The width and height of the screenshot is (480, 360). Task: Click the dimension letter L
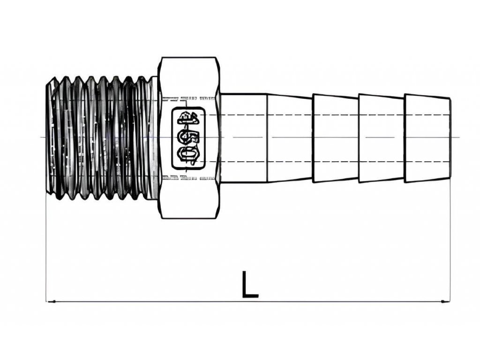click(x=249, y=285)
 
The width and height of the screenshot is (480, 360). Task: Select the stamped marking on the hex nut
click(x=188, y=138)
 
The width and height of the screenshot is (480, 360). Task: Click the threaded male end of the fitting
click(x=101, y=138)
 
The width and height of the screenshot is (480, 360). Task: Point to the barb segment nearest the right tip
click(x=427, y=138)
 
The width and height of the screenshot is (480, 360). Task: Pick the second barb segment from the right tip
click(x=381, y=138)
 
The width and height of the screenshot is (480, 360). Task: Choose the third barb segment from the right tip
click(x=335, y=138)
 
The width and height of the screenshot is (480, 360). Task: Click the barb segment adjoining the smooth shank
click(x=289, y=138)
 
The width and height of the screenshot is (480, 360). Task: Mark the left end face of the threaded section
click(x=48, y=138)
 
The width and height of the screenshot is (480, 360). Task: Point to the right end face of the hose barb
click(x=450, y=138)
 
